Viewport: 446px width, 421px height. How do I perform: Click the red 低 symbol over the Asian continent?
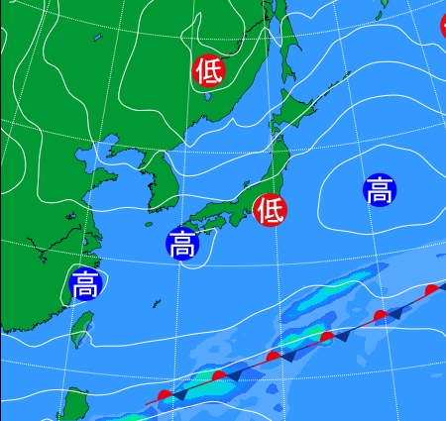(x=208, y=71)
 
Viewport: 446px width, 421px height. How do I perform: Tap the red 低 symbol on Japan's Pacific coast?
(x=270, y=210)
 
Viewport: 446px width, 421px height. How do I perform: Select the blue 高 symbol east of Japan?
(x=380, y=190)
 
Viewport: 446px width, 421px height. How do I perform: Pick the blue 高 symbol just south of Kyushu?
(x=181, y=243)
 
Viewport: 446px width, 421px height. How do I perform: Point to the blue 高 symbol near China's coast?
(x=85, y=284)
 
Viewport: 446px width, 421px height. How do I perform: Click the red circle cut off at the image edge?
(x=442, y=26)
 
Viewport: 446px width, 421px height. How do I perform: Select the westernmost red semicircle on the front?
(x=166, y=396)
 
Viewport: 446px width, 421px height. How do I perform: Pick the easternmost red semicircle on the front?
(x=430, y=290)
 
